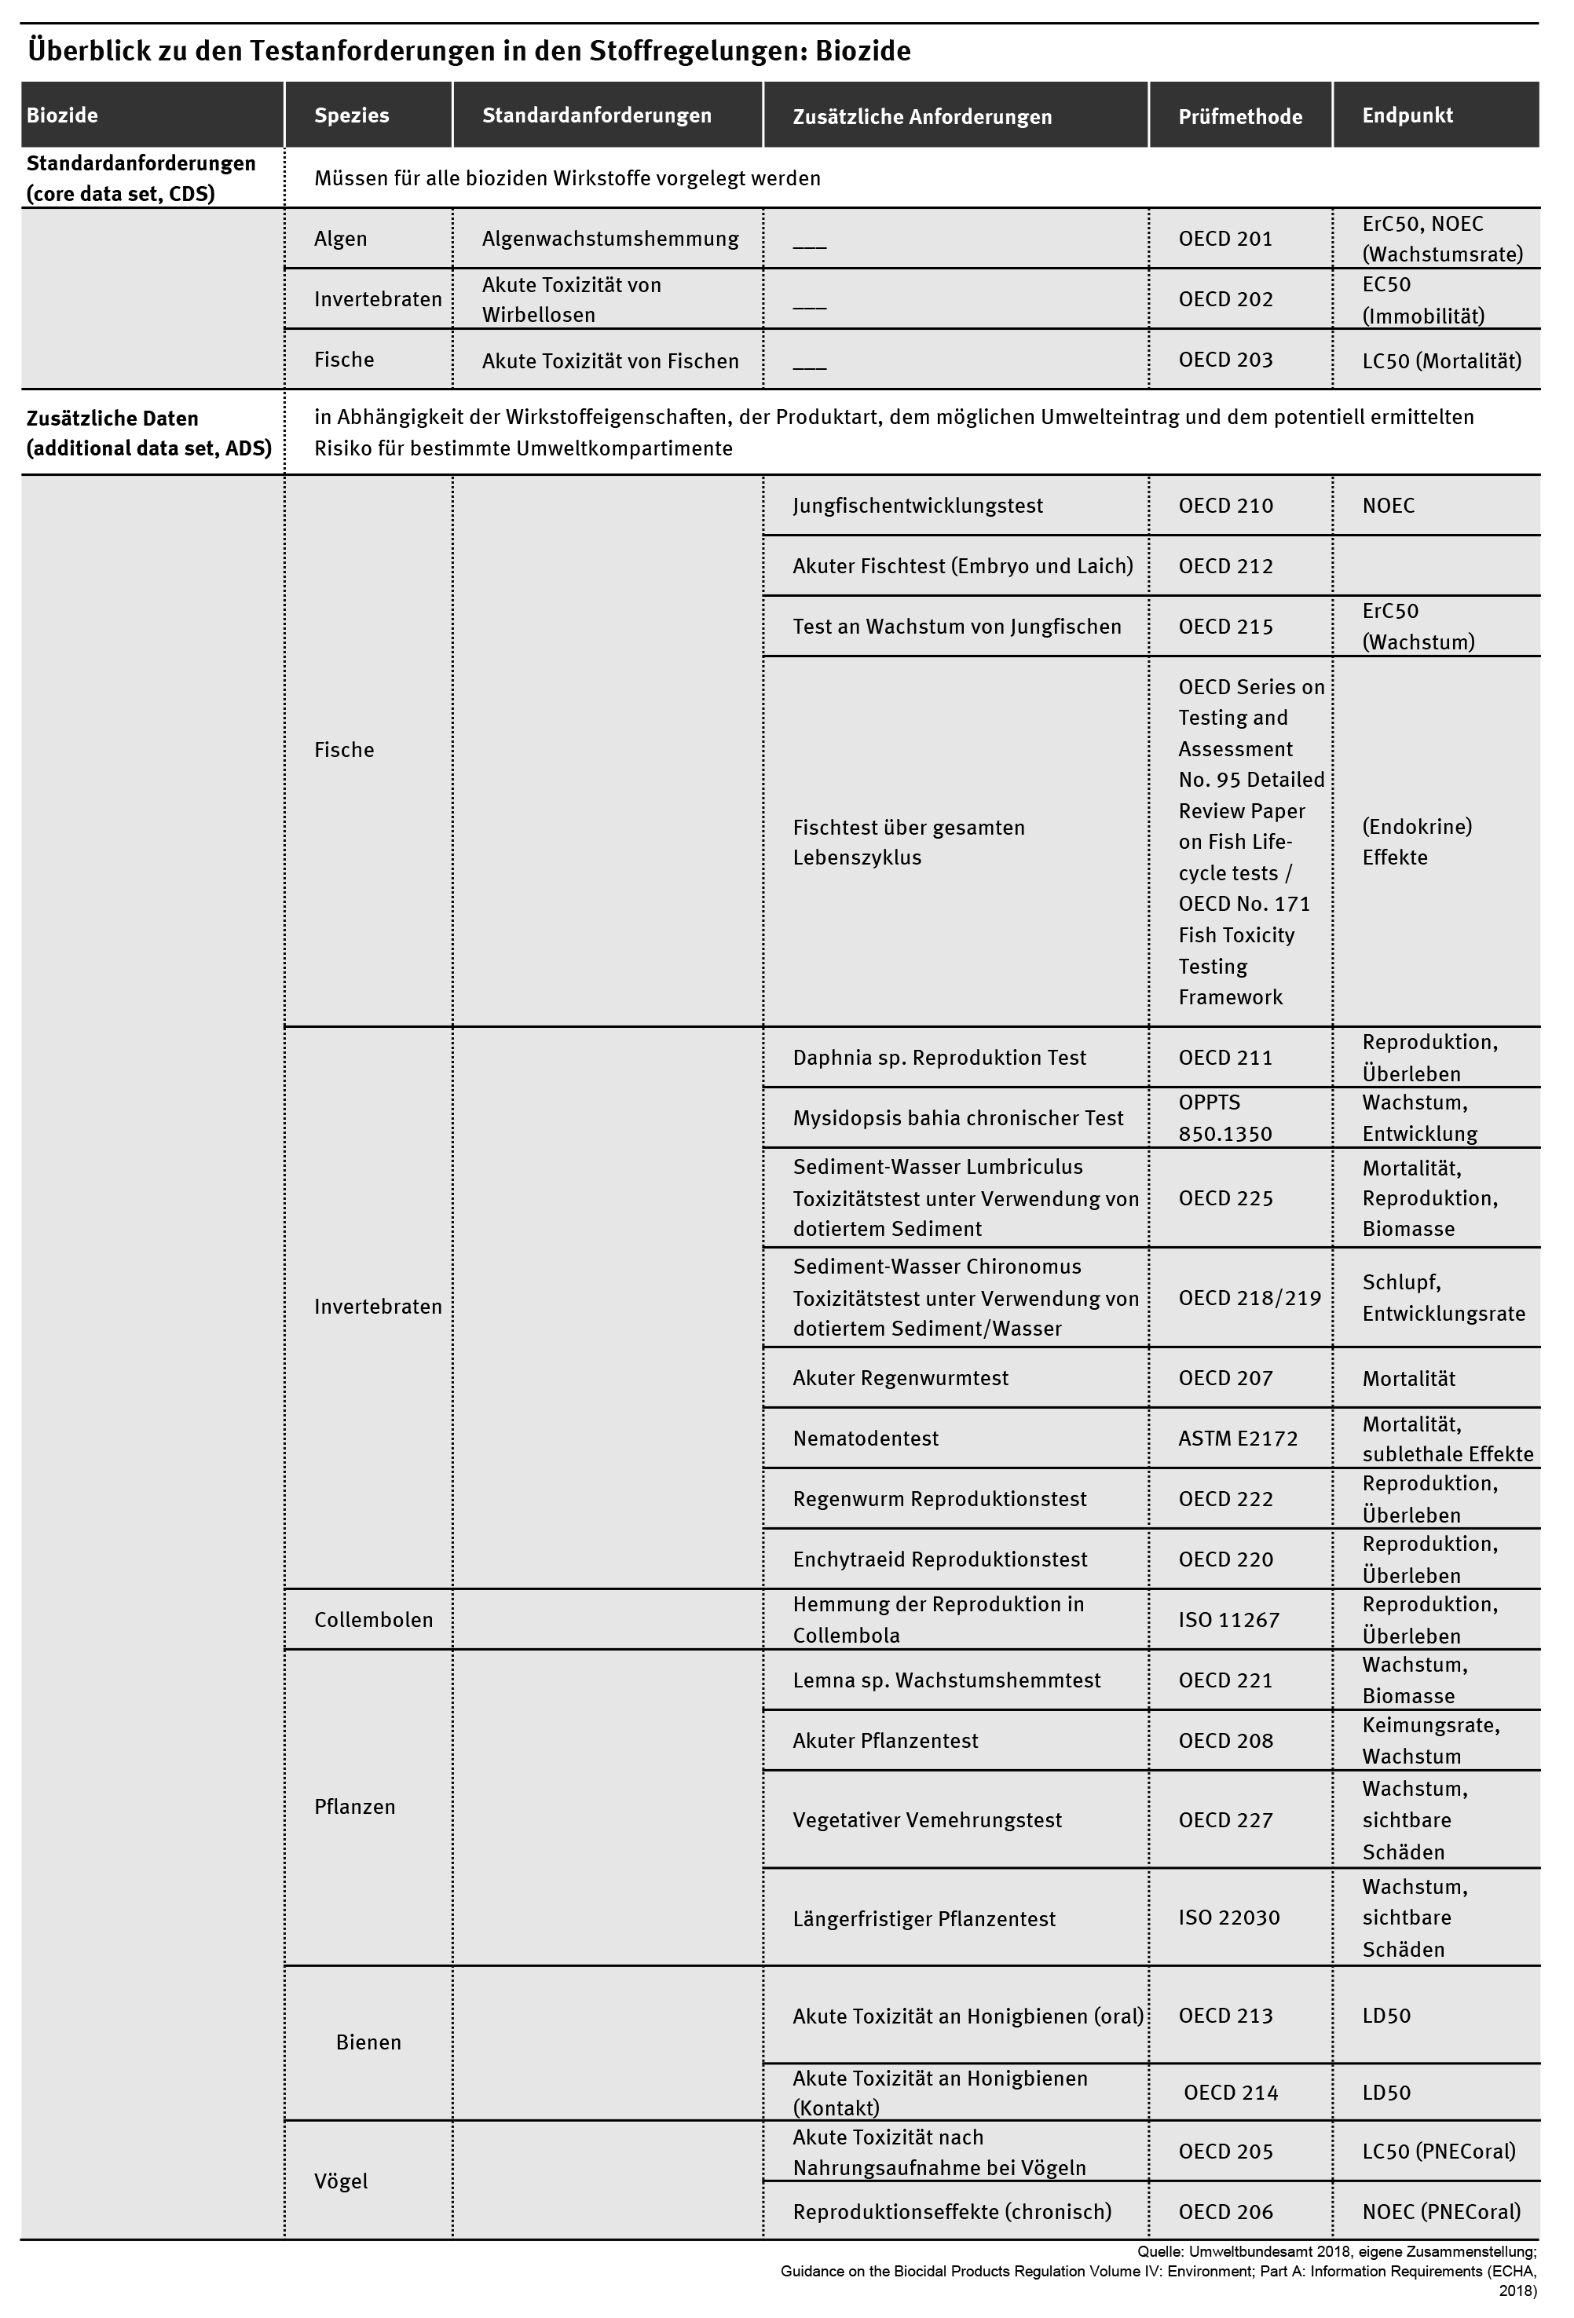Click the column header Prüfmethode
coord(1240,117)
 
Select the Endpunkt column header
coord(1407,115)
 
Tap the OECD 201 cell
coord(1225,239)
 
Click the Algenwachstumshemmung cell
coord(609,239)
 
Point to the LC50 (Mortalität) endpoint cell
coord(1441,361)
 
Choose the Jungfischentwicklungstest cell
coord(917,506)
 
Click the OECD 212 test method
coord(1225,566)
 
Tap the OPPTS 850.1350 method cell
coord(1225,1118)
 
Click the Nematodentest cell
coord(865,1439)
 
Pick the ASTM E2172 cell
coord(1237,1439)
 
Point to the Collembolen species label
coord(373,1620)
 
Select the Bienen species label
coord(368,2042)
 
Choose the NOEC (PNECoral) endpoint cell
coord(1441,2211)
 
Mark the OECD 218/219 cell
coord(1249,1298)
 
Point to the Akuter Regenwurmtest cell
coord(900,1378)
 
